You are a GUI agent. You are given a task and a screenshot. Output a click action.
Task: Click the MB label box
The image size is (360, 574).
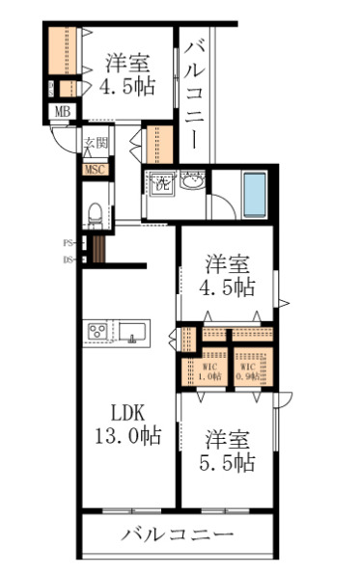(62, 111)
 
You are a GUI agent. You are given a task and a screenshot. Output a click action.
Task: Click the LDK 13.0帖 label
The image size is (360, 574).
(128, 423)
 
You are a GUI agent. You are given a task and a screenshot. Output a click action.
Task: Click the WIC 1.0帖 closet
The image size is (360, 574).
(210, 370)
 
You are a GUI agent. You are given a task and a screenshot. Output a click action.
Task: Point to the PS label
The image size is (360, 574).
(69, 243)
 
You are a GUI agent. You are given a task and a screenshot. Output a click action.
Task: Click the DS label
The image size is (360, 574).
(69, 259)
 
